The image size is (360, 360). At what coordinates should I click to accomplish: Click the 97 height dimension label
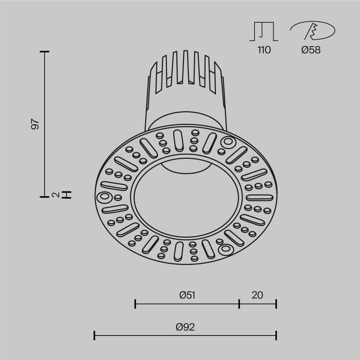click(x=35, y=124)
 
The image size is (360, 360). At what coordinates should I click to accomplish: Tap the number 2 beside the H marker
click(x=55, y=195)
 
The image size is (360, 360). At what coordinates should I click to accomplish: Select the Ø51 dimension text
click(x=187, y=296)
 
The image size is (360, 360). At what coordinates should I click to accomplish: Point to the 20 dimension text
click(x=257, y=296)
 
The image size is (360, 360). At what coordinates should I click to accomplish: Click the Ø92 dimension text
click(x=185, y=327)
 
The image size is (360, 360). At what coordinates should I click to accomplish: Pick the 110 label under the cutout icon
click(x=264, y=50)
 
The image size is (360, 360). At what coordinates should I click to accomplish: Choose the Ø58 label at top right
click(x=311, y=50)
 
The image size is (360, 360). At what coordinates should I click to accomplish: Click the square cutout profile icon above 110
click(x=264, y=31)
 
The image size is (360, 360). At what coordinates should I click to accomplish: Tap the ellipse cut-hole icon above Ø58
click(x=312, y=31)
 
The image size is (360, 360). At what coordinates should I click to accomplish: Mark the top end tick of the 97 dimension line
click(x=44, y=52)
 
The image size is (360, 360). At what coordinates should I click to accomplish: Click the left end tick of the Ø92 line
click(x=94, y=336)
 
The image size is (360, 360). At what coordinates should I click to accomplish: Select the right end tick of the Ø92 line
click(x=276, y=336)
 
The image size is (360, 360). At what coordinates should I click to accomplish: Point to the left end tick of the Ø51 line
click(x=135, y=304)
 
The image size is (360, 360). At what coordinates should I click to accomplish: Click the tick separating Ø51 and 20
click(x=239, y=304)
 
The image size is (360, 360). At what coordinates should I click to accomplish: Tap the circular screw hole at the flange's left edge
click(x=104, y=197)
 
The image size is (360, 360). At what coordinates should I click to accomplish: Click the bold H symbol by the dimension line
click(x=67, y=195)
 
